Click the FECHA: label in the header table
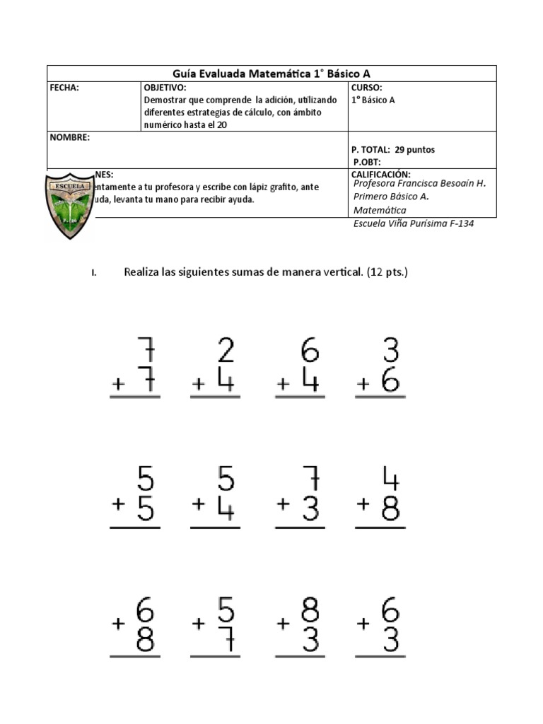click(x=64, y=88)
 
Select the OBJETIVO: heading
click(x=165, y=88)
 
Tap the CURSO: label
click(x=367, y=88)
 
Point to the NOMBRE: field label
click(x=69, y=137)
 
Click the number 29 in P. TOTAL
click(x=402, y=150)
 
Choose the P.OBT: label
click(x=366, y=162)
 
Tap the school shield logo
click(x=69, y=206)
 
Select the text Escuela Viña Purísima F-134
click(x=413, y=223)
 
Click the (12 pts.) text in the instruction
click(x=387, y=272)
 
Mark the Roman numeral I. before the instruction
click(x=93, y=274)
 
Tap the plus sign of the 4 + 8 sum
click(x=364, y=504)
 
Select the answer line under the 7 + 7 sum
click(x=135, y=397)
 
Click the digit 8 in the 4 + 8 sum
click(x=390, y=508)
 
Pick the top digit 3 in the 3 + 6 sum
click(x=390, y=351)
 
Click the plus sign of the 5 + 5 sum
click(x=118, y=504)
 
